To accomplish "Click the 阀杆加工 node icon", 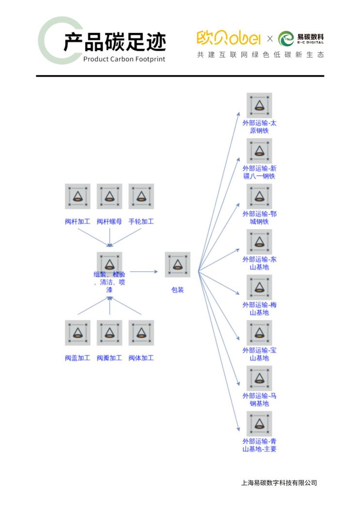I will click(78, 196).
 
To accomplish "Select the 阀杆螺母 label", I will click(109, 222).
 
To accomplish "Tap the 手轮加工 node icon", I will click(141, 196).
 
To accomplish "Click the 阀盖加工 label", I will click(78, 358).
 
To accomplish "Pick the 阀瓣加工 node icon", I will click(110, 333).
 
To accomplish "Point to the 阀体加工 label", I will click(141, 358).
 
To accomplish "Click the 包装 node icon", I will click(177, 265).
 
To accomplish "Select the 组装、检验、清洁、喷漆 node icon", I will click(110, 263).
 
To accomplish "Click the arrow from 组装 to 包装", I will click(143, 271).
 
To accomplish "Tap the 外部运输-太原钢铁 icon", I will click(259, 105).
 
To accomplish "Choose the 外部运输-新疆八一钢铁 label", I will click(259, 172).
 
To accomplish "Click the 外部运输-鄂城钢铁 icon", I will click(259, 196).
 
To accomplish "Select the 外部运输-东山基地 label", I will click(259, 263).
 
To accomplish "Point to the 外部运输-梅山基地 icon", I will click(259, 287).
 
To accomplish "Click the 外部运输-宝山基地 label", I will click(259, 354).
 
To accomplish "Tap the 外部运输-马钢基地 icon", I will click(259, 378).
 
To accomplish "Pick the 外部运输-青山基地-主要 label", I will click(259, 445).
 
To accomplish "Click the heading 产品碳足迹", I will click(114, 42).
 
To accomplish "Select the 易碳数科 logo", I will click(301, 38).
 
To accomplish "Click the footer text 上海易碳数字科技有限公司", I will click(279, 483).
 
